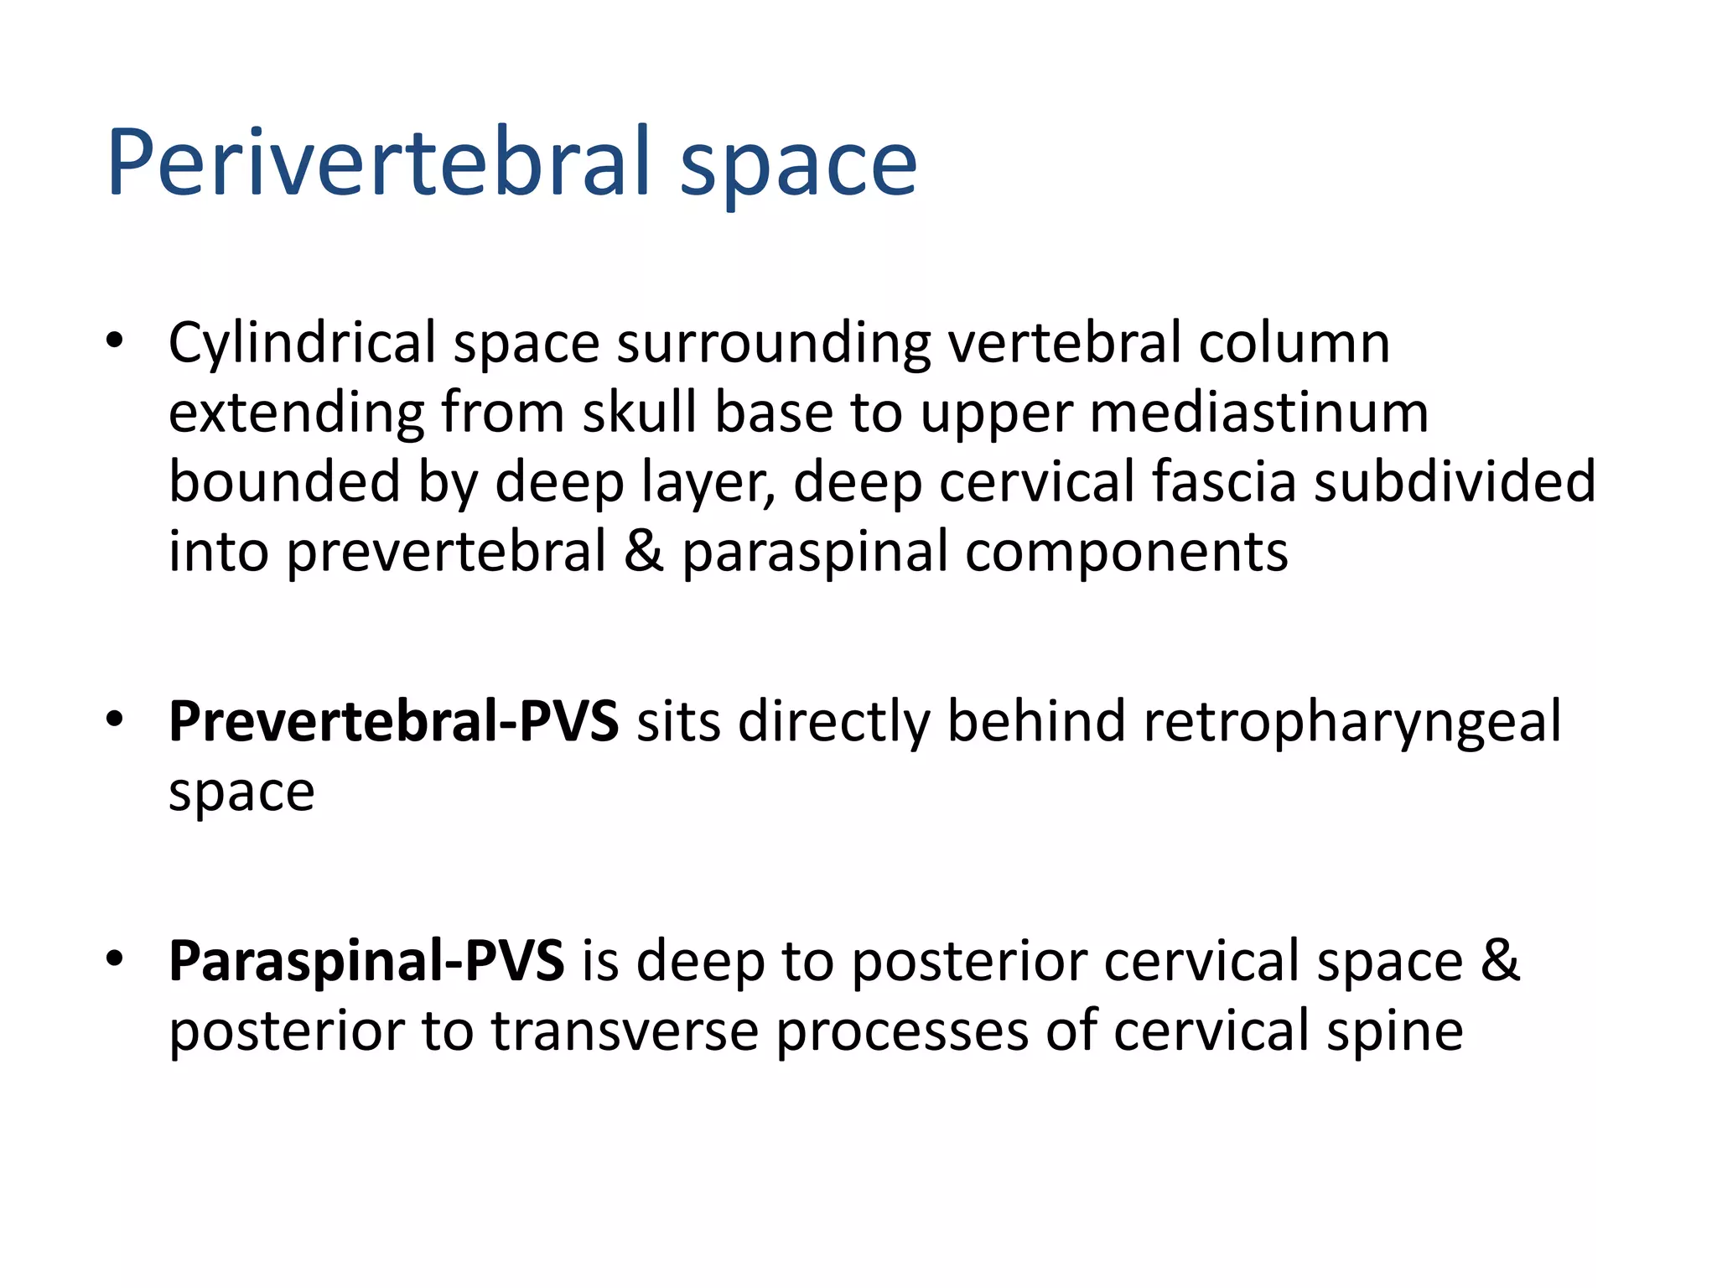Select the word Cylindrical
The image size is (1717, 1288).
click(x=302, y=343)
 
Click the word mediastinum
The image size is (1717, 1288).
click(x=1258, y=413)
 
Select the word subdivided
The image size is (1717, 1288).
click(x=1455, y=482)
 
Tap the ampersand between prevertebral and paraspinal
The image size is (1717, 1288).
click(x=643, y=552)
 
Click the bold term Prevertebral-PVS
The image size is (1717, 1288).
click(x=393, y=721)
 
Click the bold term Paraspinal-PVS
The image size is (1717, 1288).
click(x=366, y=961)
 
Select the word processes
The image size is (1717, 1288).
click(x=901, y=1032)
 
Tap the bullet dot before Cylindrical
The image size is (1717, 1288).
click(x=115, y=341)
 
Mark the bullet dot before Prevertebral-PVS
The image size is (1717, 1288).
click(x=115, y=719)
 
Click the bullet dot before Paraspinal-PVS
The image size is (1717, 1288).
click(x=115, y=958)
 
